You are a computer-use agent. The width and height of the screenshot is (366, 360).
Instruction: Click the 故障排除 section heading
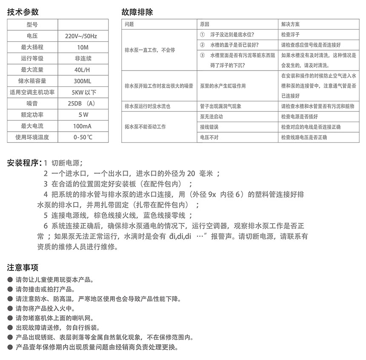point(137,12)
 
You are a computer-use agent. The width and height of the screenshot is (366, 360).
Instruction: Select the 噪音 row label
point(32,103)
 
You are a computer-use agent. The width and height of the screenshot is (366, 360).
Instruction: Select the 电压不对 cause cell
point(209,137)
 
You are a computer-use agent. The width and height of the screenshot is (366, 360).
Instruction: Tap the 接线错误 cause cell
point(209,127)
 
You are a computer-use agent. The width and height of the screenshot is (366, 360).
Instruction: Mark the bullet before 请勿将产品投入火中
point(10,309)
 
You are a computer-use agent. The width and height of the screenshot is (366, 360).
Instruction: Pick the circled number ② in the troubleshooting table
point(202,45)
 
